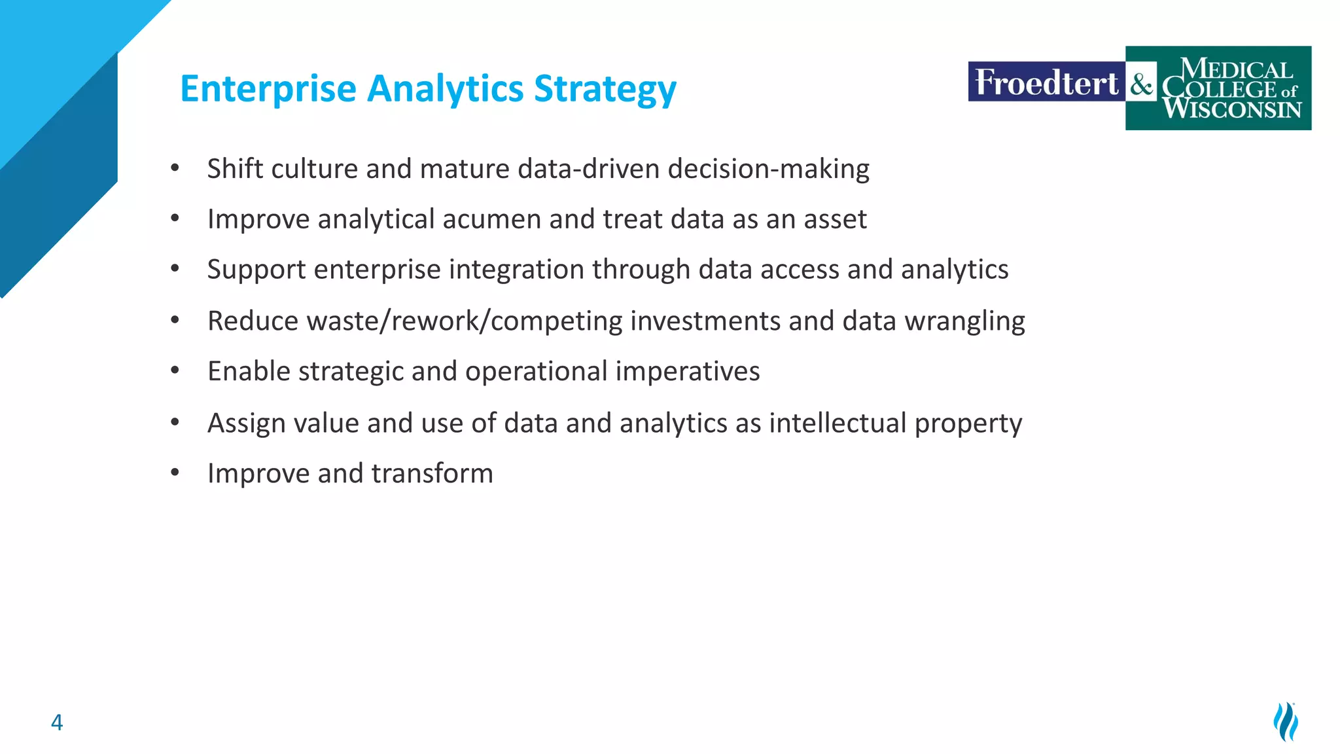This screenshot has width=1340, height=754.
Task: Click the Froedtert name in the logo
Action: tap(1046, 82)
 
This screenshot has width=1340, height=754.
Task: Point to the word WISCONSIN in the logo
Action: tap(1233, 109)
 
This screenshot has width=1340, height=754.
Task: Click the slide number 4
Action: tap(57, 722)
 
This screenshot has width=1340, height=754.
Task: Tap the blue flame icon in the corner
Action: tap(1286, 721)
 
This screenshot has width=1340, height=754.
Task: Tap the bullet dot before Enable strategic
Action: tap(175, 370)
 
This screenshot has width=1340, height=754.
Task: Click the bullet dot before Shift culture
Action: tap(175, 168)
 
